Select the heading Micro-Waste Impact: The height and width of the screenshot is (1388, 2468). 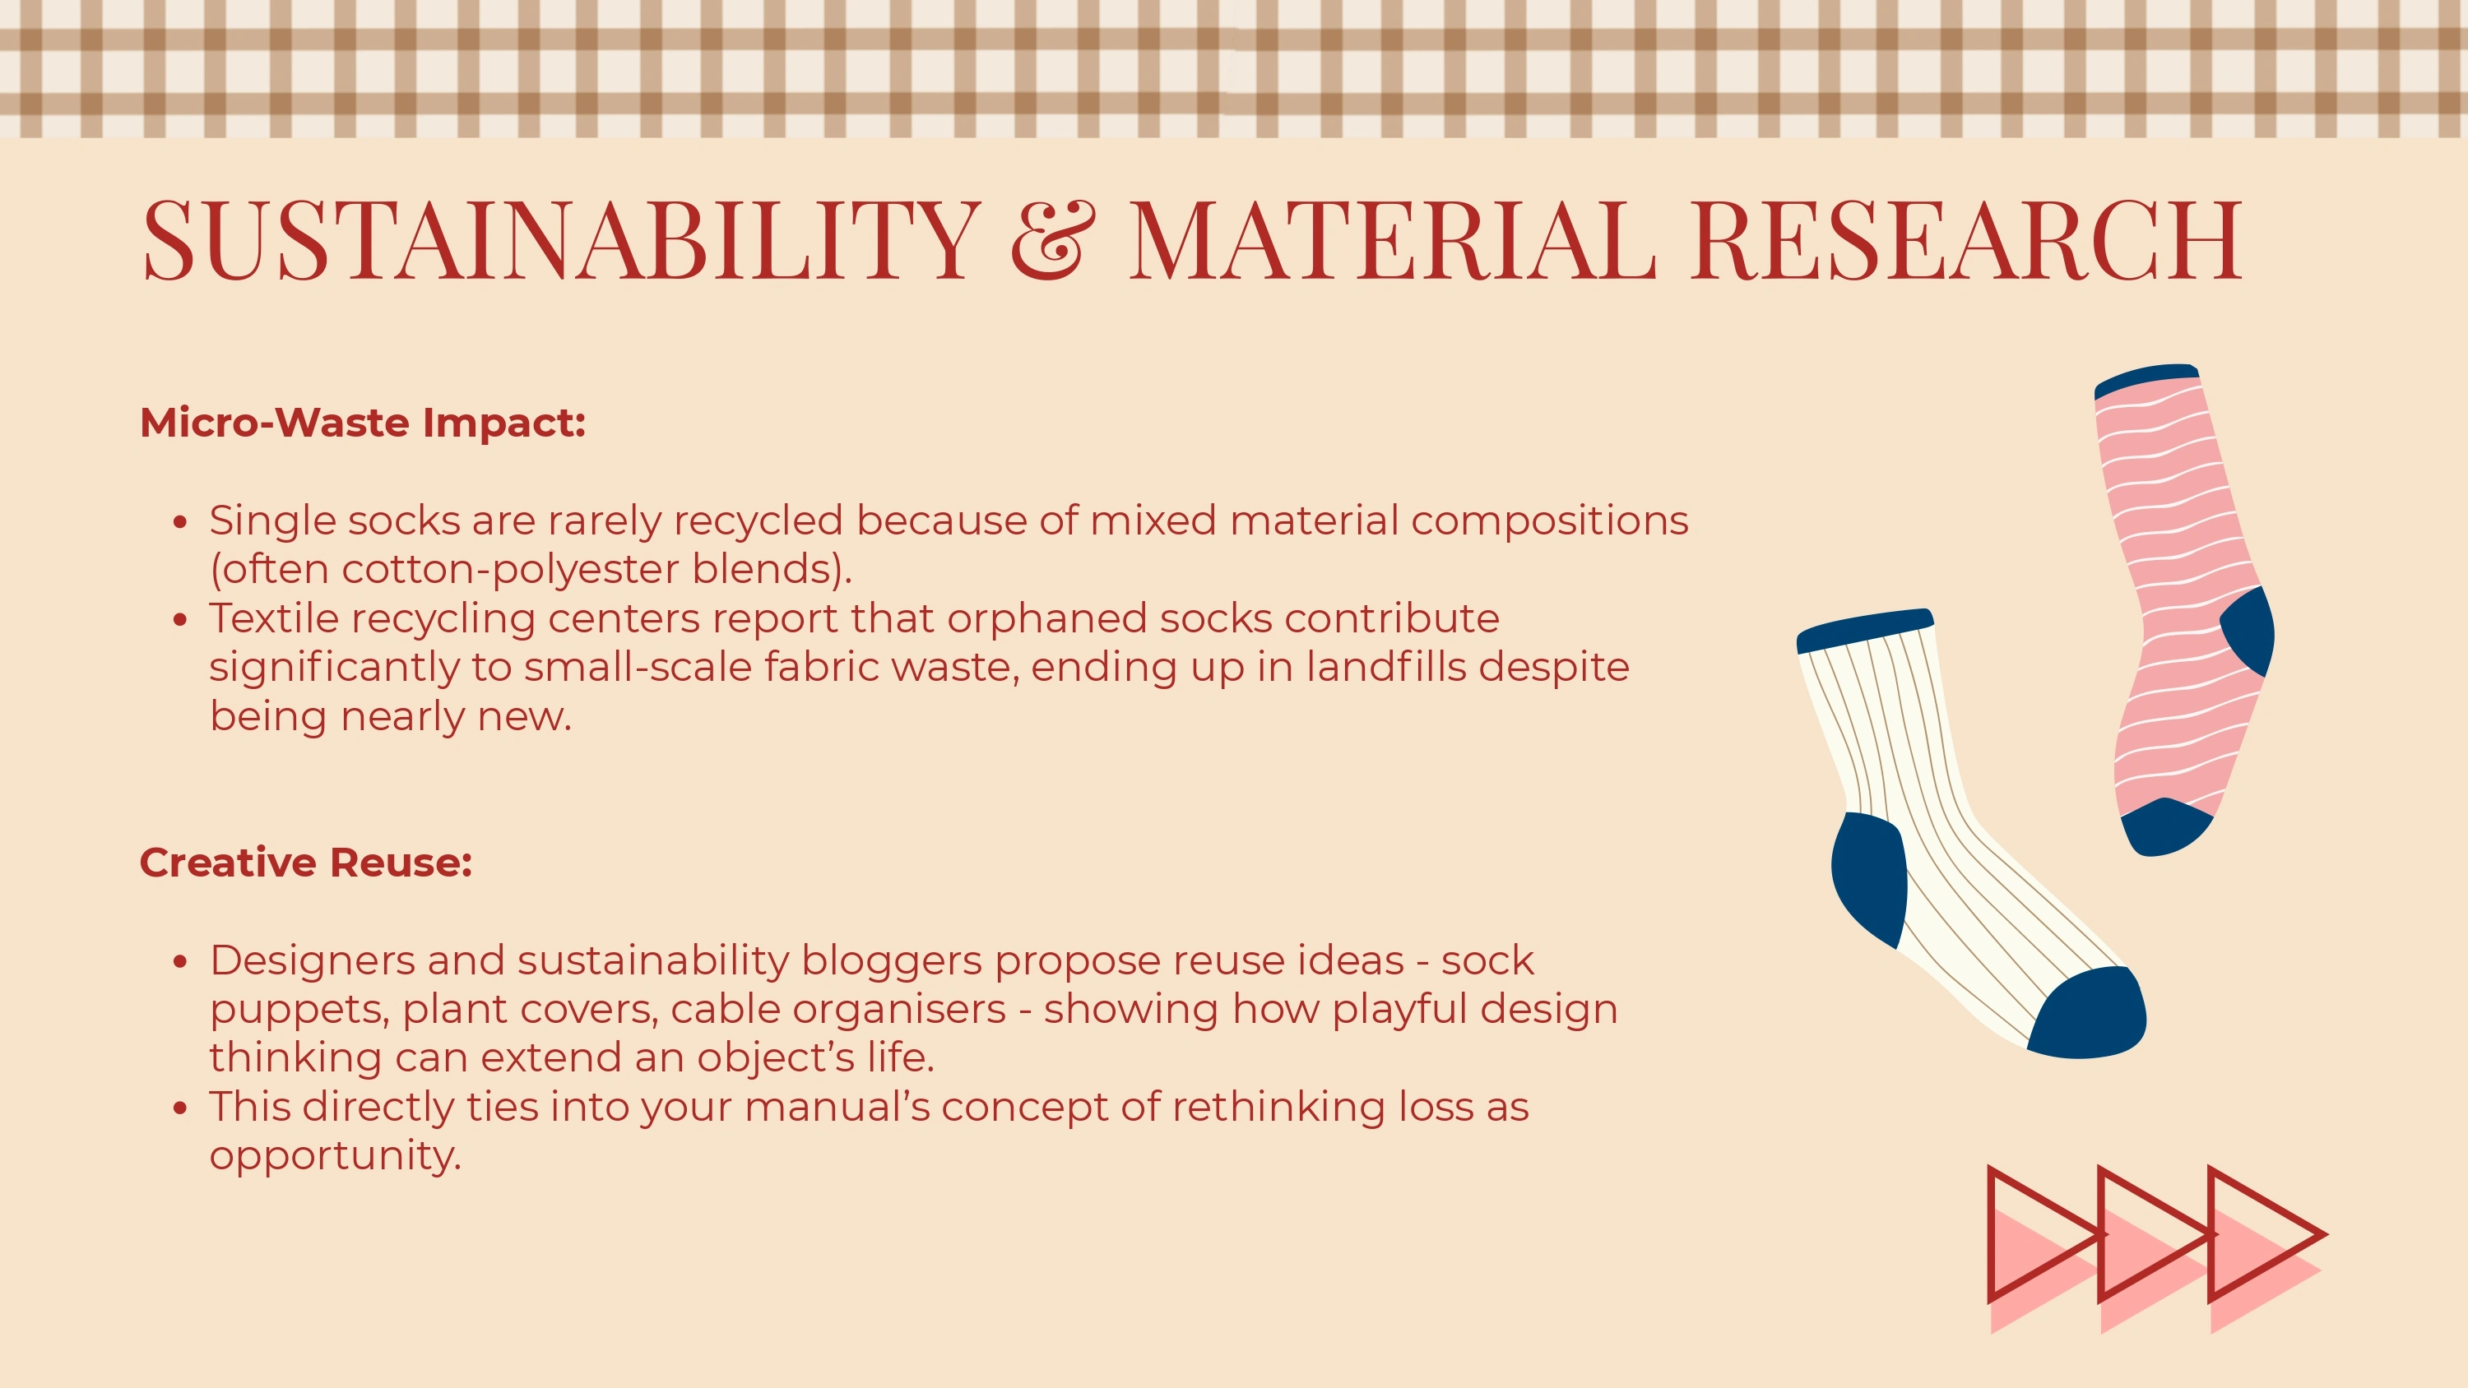point(362,423)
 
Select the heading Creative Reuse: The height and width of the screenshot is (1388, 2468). point(306,862)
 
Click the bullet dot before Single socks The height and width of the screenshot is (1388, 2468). point(180,522)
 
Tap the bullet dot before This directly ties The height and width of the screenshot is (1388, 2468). point(180,1108)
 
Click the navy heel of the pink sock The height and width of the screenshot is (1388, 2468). point(2249,632)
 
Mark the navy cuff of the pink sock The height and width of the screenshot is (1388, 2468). point(2146,380)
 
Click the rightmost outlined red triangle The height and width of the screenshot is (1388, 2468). point(2266,1233)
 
